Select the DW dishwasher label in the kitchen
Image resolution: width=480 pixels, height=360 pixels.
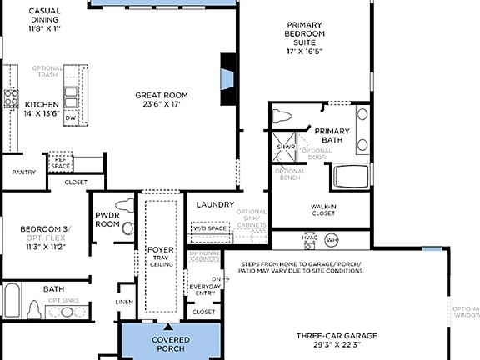[71, 118]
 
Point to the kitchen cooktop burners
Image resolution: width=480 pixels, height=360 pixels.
[11, 99]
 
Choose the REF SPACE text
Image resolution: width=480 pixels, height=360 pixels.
[60, 162]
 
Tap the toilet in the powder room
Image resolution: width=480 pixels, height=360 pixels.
[125, 204]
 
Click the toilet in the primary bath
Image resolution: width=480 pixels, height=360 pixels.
[281, 116]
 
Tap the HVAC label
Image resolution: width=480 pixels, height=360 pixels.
[310, 237]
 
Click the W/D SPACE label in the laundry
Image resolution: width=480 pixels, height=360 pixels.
[210, 227]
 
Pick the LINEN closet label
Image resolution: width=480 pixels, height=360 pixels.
[124, 302]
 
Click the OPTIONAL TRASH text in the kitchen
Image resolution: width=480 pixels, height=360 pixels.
[47, 72]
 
